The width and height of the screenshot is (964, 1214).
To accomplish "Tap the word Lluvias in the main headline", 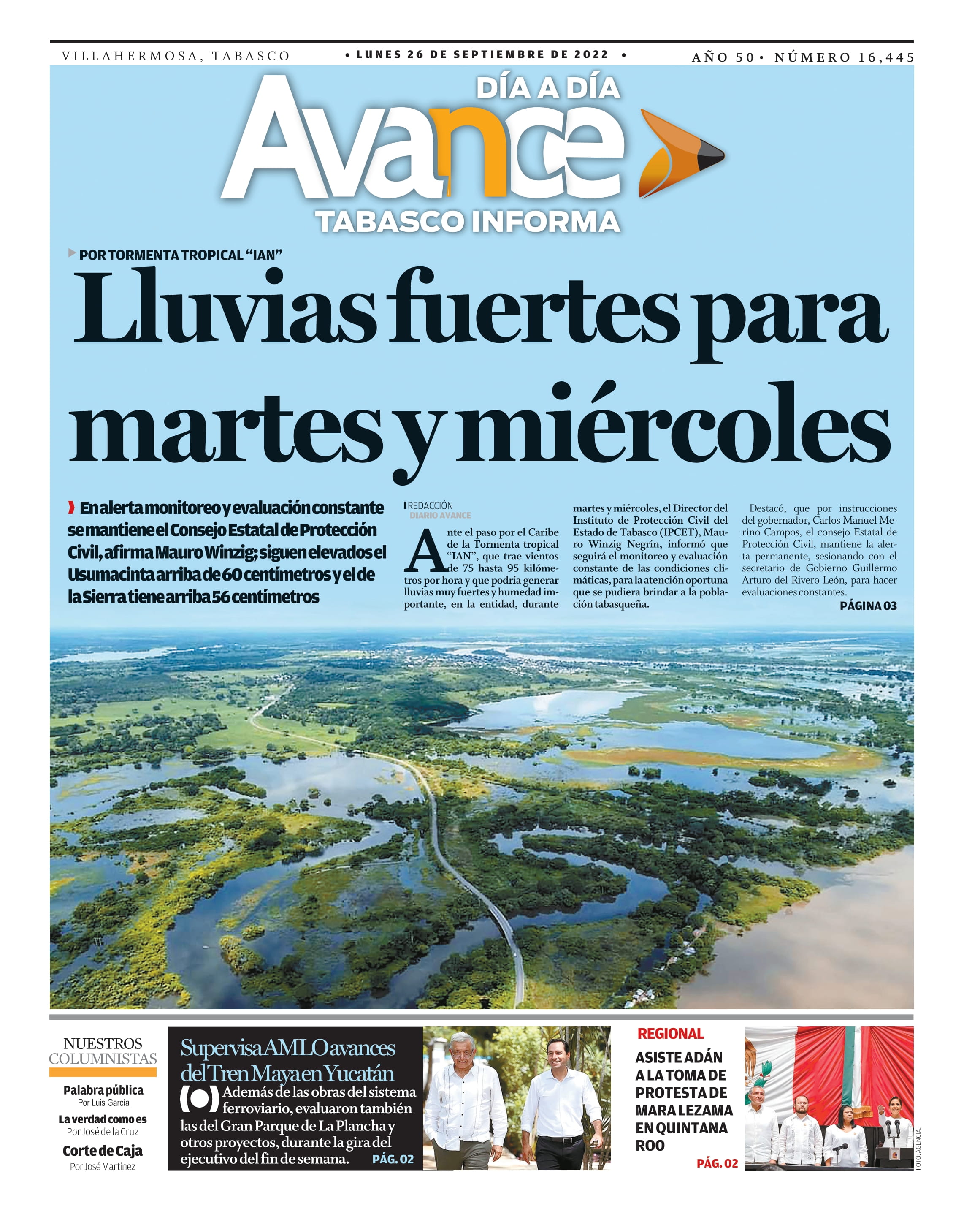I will pos(225,309).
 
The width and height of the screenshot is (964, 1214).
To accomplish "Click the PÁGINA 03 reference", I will pos(868,606).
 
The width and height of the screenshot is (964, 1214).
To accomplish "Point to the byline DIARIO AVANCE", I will pos(440,515).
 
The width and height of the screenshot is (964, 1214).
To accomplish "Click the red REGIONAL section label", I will pos(670,1034).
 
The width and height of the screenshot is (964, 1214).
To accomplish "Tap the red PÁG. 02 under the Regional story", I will pos(717,1163).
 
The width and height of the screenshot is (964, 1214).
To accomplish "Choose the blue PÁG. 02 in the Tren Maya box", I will pos(393,1159).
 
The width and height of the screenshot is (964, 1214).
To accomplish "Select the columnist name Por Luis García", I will pos(103,1103).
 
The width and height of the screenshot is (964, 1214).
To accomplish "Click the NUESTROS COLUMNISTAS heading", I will pos(103,1051).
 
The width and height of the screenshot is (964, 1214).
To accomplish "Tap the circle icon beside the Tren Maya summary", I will pos(199,1100).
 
